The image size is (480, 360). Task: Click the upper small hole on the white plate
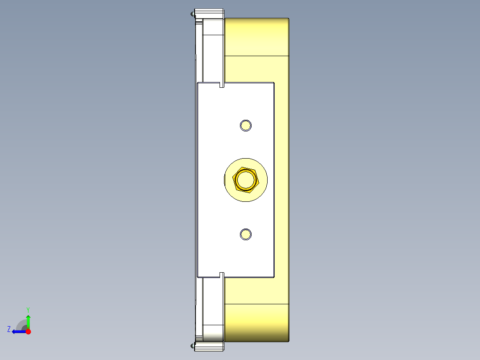[245, 126]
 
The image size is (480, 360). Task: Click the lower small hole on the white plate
[245, 234]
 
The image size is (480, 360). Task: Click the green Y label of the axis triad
[28, 309]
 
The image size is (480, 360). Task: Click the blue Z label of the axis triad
[9, 329]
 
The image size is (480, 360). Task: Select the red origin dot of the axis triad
[28, 331]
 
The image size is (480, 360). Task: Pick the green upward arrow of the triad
[28, 321]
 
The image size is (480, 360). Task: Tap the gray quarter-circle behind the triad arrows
[21, 325]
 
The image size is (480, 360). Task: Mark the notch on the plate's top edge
[222, 85]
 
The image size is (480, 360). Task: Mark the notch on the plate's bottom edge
[222, 274]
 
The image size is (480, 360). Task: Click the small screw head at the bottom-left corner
[193, 345]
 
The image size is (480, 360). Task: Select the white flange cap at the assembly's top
[209, 13]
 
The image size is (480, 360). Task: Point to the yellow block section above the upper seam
[256, 37]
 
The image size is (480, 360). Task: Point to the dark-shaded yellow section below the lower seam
[256, 323]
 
